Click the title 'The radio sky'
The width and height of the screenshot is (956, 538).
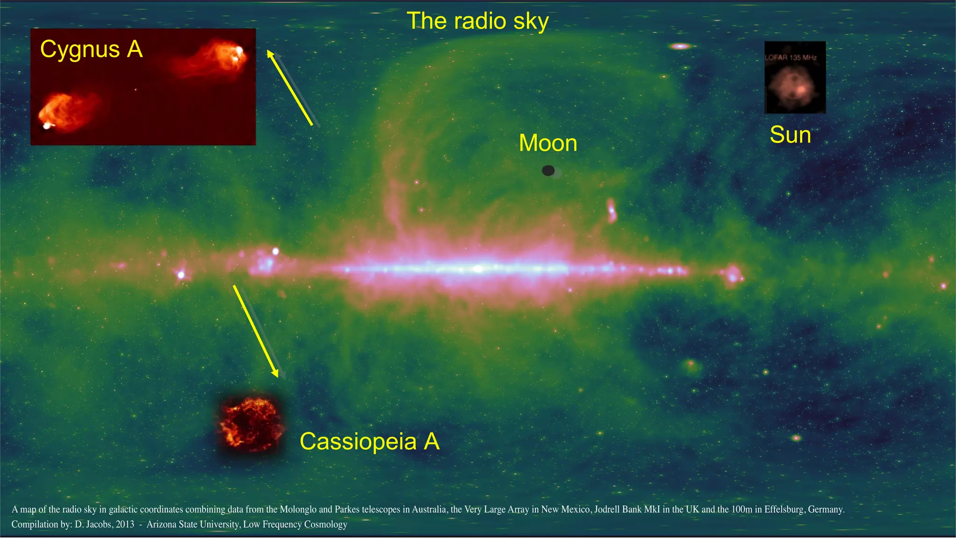click(x=478, y=21)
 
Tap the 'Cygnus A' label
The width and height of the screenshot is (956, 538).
click(x=91, y=50)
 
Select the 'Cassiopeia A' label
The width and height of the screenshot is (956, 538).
click(x=369, y=441)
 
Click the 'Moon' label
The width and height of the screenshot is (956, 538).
click(x=548, y=143)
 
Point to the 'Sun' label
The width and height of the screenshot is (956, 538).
click(x=790, y=135)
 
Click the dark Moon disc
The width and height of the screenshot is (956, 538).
click(x=548, y=170)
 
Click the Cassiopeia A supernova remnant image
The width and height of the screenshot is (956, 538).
click(x=251, y=424)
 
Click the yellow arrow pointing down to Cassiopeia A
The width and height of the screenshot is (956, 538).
click(x=256, y=331)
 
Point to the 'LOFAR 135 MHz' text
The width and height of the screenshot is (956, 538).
click(x=790, y=57)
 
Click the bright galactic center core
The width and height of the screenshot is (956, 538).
click(x=478, y=269)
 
